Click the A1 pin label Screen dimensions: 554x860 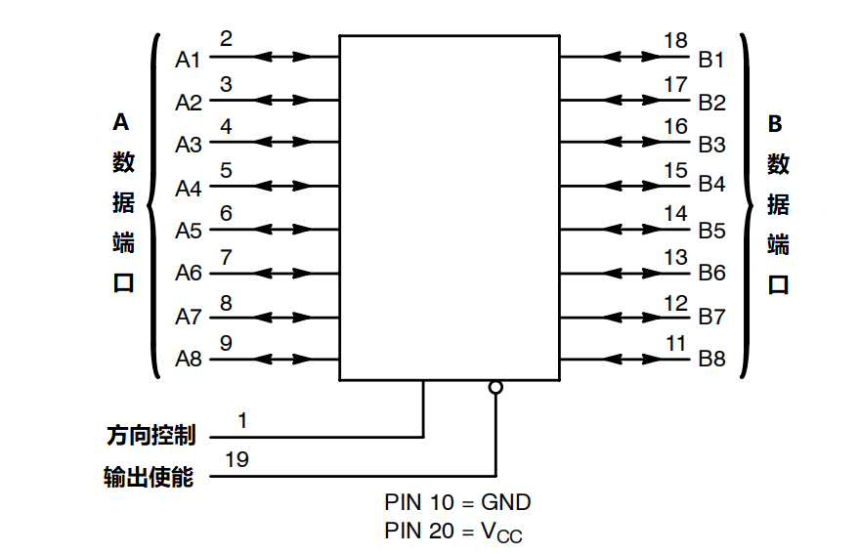tap(188, 60)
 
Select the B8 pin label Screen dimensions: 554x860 tap(711, 359)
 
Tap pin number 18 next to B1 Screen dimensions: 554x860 tap(675, 41)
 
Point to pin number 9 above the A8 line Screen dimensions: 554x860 tap(226, 343)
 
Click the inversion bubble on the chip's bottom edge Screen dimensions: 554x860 tap(495, 387)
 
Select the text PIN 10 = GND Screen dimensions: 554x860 tap(457, 502)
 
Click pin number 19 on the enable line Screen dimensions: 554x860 tap(236, 459)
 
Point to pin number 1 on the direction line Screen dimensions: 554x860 tap(242, 420)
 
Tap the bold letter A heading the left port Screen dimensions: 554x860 tap(121, 122)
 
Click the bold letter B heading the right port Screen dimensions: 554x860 tap(775, 123)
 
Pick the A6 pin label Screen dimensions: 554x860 tap(188, 274)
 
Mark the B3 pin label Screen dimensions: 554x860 tap(711, 145)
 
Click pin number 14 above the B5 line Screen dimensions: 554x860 tap(675, 213)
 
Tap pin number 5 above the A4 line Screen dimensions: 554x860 tap(226, 171)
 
